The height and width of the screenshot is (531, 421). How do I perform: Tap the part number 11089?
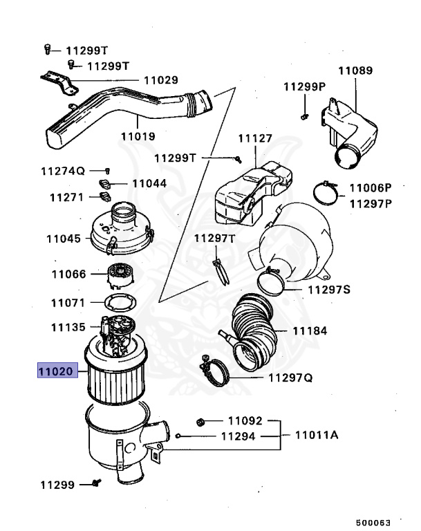[355, 71]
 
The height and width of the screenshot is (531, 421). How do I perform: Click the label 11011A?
[316, 436]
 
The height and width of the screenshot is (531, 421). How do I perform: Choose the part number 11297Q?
[290, 378]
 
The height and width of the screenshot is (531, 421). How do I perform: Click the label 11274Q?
[62, 170]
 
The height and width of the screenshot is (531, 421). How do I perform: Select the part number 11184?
[310, 331]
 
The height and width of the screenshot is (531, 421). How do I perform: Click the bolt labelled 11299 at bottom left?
[96, 484]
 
